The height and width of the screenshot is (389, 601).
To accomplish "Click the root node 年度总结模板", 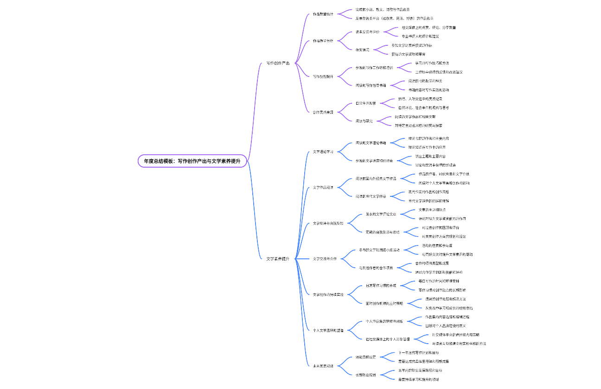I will (x=192, y=161).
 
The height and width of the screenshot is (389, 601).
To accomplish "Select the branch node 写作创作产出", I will (x=278, y=63).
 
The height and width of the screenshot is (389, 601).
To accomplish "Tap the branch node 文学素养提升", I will (x=278, y=259).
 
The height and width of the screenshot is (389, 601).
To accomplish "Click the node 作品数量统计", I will (x=323, y=14).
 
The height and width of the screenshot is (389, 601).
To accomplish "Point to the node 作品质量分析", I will (x=323, y=41).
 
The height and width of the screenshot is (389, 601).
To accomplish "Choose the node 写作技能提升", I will (x=323, y=76).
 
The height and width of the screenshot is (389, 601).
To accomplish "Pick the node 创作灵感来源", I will (x=323, y=112).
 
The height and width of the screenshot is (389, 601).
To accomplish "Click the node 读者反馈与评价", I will (x=367, y=32).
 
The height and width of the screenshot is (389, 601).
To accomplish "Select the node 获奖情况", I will (x=362, y=50).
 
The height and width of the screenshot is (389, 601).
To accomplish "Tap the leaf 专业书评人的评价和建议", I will (x=420, y=36).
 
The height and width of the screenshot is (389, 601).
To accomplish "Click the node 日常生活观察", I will (x=365, y=103).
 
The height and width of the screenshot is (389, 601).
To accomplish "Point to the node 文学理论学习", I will (x=323, y=151).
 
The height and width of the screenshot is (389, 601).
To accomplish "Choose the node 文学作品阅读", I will (x=323, y=188).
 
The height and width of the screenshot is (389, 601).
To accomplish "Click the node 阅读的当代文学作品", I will (x=371, y=196).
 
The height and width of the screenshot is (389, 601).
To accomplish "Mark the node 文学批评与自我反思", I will (x=328, y=223).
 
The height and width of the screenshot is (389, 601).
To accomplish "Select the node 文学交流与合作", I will (x=325, y=259).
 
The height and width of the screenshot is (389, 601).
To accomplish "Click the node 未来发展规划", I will (x=323, y=366).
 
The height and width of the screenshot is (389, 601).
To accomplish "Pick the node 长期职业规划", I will (x=365, y=375).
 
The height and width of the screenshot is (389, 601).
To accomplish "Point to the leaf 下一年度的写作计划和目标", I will (x=418, y=352).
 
